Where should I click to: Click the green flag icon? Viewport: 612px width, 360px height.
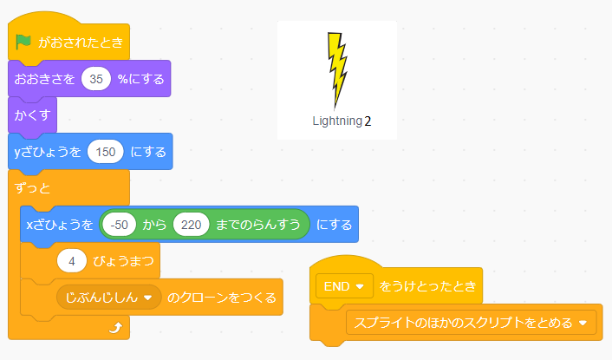[23, 42]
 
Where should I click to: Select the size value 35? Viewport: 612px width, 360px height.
[96, 79]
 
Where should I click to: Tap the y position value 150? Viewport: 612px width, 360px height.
[105, 152]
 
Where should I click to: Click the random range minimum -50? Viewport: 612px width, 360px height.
[120, 225]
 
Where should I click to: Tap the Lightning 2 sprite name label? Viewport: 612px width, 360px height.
[342, 121]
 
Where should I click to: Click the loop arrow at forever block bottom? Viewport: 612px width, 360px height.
[115, 328]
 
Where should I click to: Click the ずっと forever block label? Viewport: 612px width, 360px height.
[33, 187]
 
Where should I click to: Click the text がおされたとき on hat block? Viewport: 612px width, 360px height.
[80, 42]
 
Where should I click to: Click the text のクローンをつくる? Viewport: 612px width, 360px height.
[222, 298]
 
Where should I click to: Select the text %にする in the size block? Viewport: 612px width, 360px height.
[140, 79]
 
